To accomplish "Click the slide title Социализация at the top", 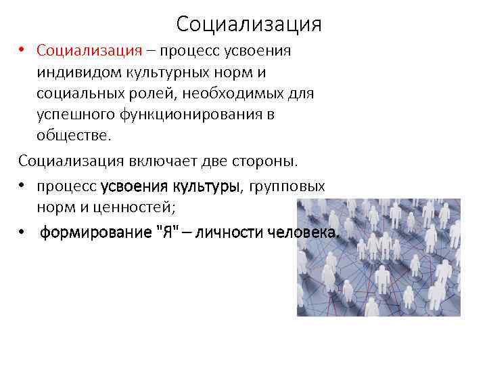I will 248,24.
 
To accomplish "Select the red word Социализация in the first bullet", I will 89,51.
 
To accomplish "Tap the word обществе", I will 72,135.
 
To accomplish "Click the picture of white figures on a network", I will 379,257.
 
